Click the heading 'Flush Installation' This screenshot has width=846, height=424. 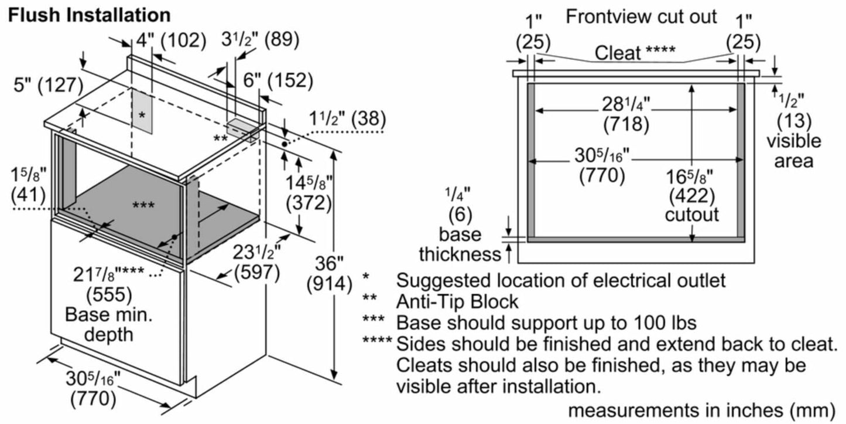pyautogui.click(x=90, y=14)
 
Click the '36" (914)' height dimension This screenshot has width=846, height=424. pyautogui.click(x=329, y=273)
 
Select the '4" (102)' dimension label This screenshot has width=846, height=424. pyautogui.click(x=172, y=41)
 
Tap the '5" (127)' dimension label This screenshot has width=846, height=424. pyautogui.click(x=48, y=85)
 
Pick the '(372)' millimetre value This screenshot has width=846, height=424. pyautogui.click(x=309, y=203)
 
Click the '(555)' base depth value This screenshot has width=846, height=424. pyautogui.click(x=109, y=293)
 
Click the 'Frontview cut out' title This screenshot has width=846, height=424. pyautogui.click(x=641, y=16)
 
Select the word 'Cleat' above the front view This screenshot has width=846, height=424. pyautogui.click(x=618, y=53)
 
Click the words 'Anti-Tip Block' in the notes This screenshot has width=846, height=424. pyautogui.click(x=457, y=301)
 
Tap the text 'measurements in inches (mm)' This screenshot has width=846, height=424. pyautogui.click(x=701, y=408)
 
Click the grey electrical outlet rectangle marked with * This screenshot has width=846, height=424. pyautogui.click(x=141, y=115)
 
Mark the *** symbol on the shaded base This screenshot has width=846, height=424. pyautogui.click(x=143, y=205)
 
